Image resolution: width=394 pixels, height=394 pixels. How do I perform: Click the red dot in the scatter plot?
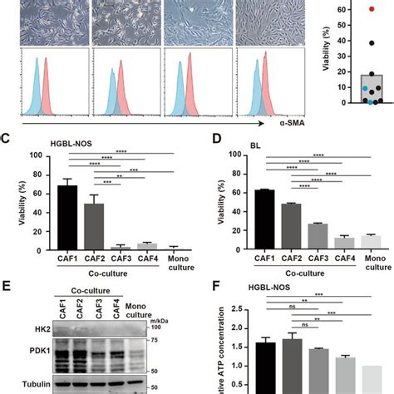point(349,9)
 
